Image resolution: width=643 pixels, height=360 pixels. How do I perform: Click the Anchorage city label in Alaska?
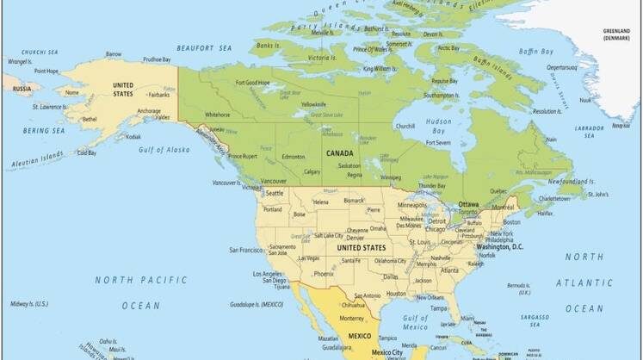coord(149,110)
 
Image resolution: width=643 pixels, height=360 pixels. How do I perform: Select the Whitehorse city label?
coord(217,115)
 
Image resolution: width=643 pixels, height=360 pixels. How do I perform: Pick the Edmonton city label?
coord(294,157)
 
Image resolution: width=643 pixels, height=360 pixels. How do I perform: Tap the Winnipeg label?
coord(391,178)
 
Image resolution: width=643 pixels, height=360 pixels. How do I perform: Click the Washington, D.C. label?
coord(500,247)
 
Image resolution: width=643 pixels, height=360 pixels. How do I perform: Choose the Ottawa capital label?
coord(468,204)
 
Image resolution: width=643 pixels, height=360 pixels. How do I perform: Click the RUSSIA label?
coord(22,88)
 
